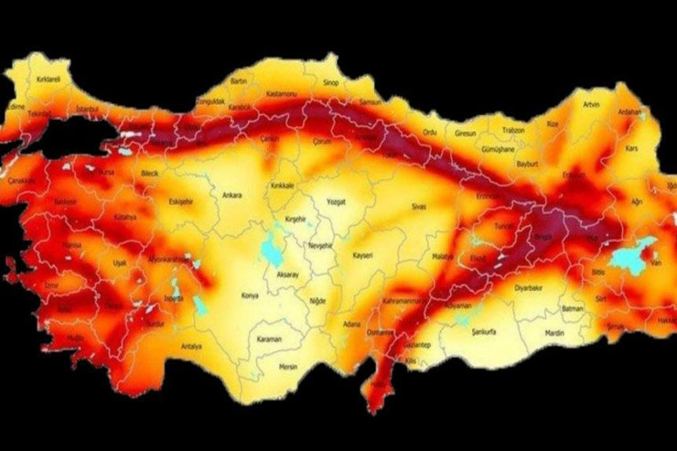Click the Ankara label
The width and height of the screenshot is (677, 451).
click(232, 194)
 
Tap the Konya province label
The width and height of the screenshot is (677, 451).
click(249, 295)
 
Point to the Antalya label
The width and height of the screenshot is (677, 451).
click(191, 346)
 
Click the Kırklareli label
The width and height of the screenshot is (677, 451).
click(48, 80)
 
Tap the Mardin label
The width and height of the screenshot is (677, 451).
click(555, 335)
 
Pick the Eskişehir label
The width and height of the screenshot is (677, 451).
click(181, 202)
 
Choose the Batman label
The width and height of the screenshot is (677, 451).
click(572, 309)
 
